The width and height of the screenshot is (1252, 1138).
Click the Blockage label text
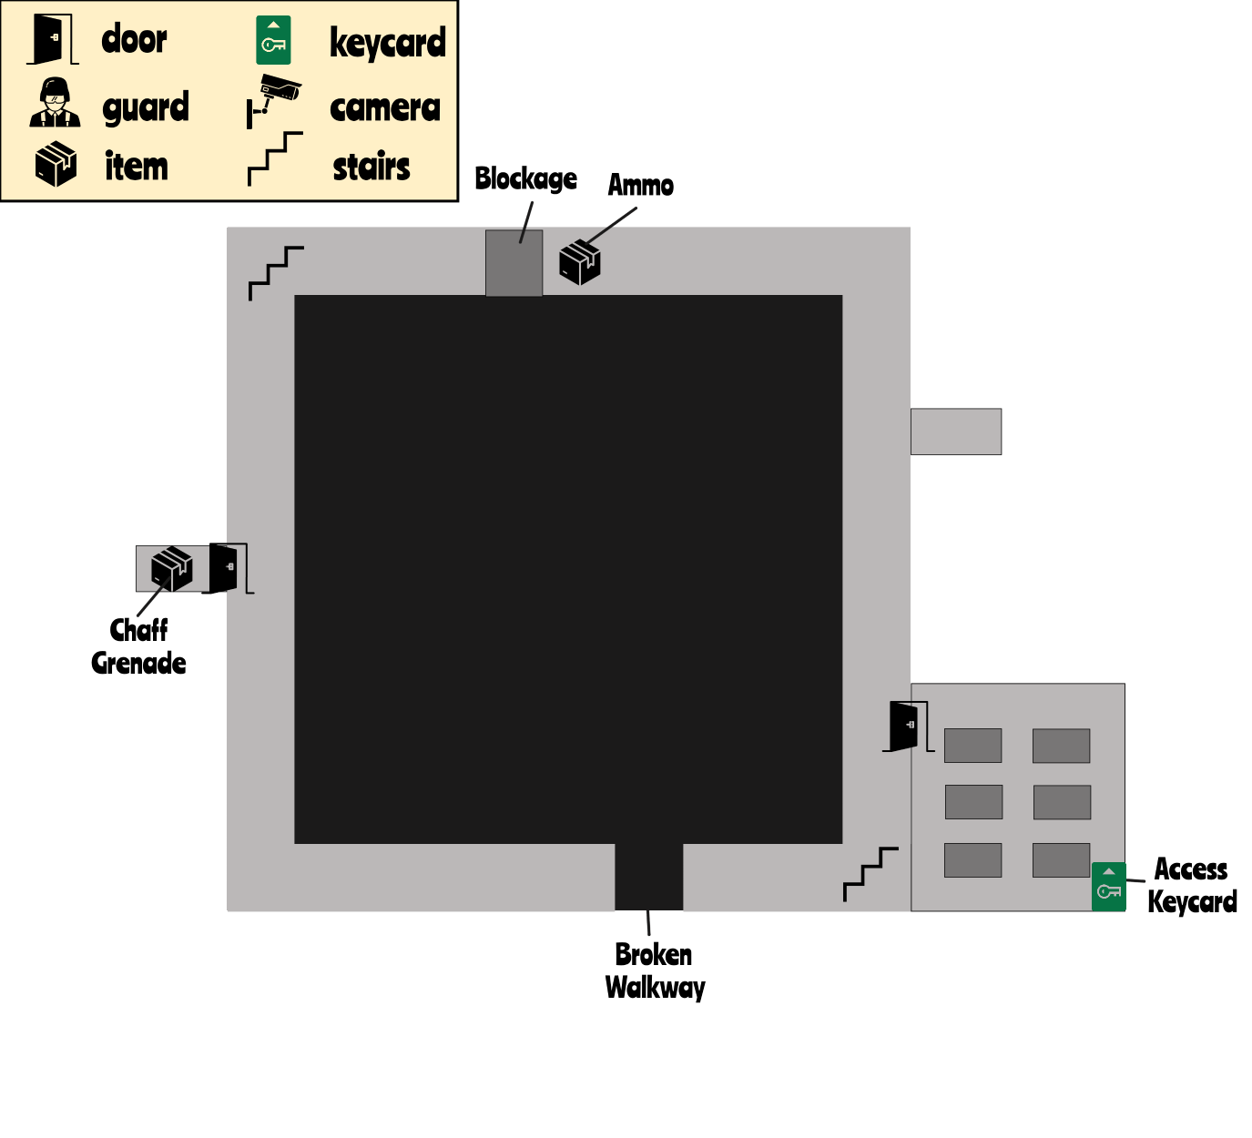tap(525, 178)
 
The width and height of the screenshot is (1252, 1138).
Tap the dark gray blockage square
tap(514, 263)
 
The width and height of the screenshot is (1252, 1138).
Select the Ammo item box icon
tap(580, 262)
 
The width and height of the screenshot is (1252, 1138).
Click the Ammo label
tap(641, 186)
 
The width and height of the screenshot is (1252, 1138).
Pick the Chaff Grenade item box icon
tap(171, 568)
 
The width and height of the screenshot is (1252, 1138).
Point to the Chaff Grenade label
tap(138, 646)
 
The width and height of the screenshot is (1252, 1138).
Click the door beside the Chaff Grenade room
tap(224, 568)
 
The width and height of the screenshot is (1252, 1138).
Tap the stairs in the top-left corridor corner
tap(276, 272)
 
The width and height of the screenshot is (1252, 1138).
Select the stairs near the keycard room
tap(870, 873)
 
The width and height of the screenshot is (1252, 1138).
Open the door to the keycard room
tap(905, 726)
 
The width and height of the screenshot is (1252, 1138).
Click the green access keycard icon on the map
tap(1108, 887)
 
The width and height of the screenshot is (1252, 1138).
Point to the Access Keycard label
tap(1191, 886)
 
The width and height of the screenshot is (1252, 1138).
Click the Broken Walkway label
tap(655, 971)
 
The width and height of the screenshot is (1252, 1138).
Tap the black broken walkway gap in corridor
tap(648, 877)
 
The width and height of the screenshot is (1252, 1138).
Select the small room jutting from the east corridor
tap(956, 432)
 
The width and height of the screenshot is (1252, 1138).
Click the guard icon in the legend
tap(55, 103)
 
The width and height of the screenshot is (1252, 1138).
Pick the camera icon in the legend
tap(273, 99)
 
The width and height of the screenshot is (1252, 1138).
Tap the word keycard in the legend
tap(388, 43)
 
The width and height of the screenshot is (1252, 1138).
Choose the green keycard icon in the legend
tap(273, 41)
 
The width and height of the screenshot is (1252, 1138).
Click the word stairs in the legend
tap(372, 168)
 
